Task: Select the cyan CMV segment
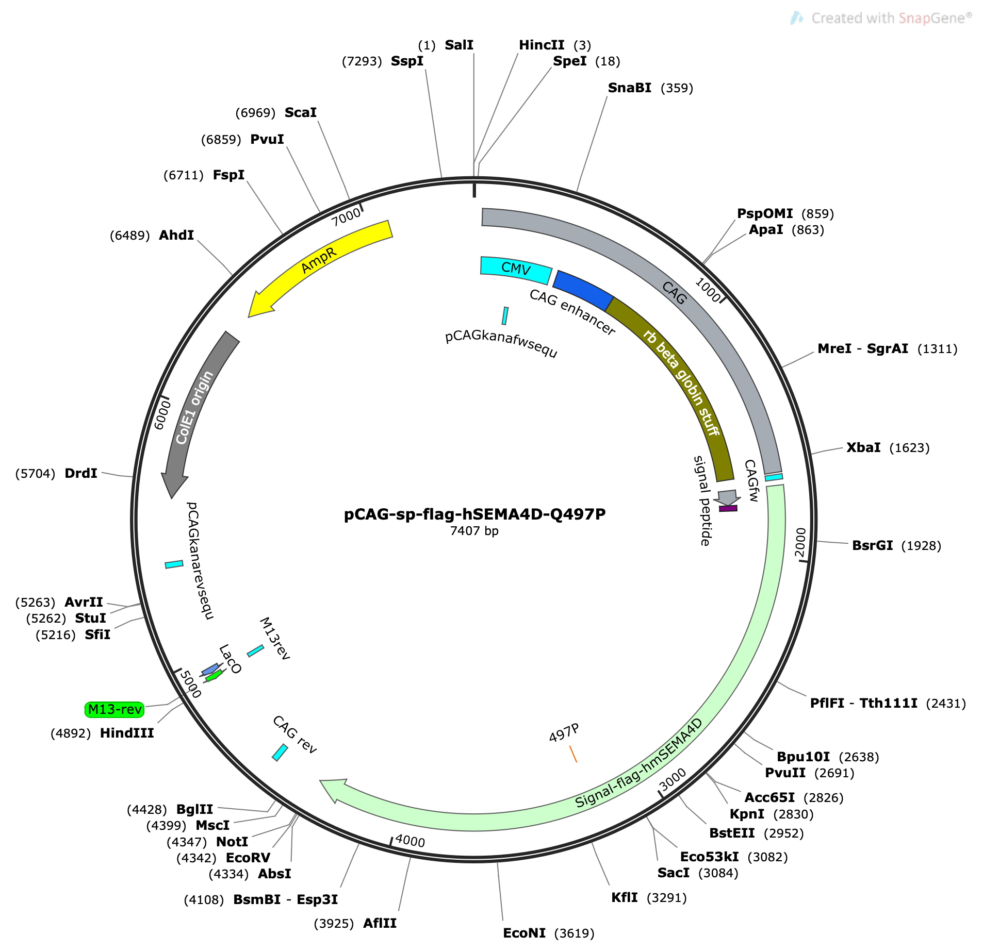click(516, 269)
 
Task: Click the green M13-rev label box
click(114, 709)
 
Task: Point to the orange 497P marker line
click(573, 754)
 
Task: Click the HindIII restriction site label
click(127, 733)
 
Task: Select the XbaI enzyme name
click(863, 447)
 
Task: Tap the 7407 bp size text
click(474, 531)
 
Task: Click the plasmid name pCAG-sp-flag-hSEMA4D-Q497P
click(474, 514)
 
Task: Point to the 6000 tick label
click(162, 415)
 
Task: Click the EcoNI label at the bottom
click(524, 933)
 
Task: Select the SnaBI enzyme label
click(629, 88)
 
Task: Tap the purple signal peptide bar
click(728, 508)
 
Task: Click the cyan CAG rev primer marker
click(280, 752)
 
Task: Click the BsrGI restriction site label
click(872, 545)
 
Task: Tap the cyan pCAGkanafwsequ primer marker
click(505, 316)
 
